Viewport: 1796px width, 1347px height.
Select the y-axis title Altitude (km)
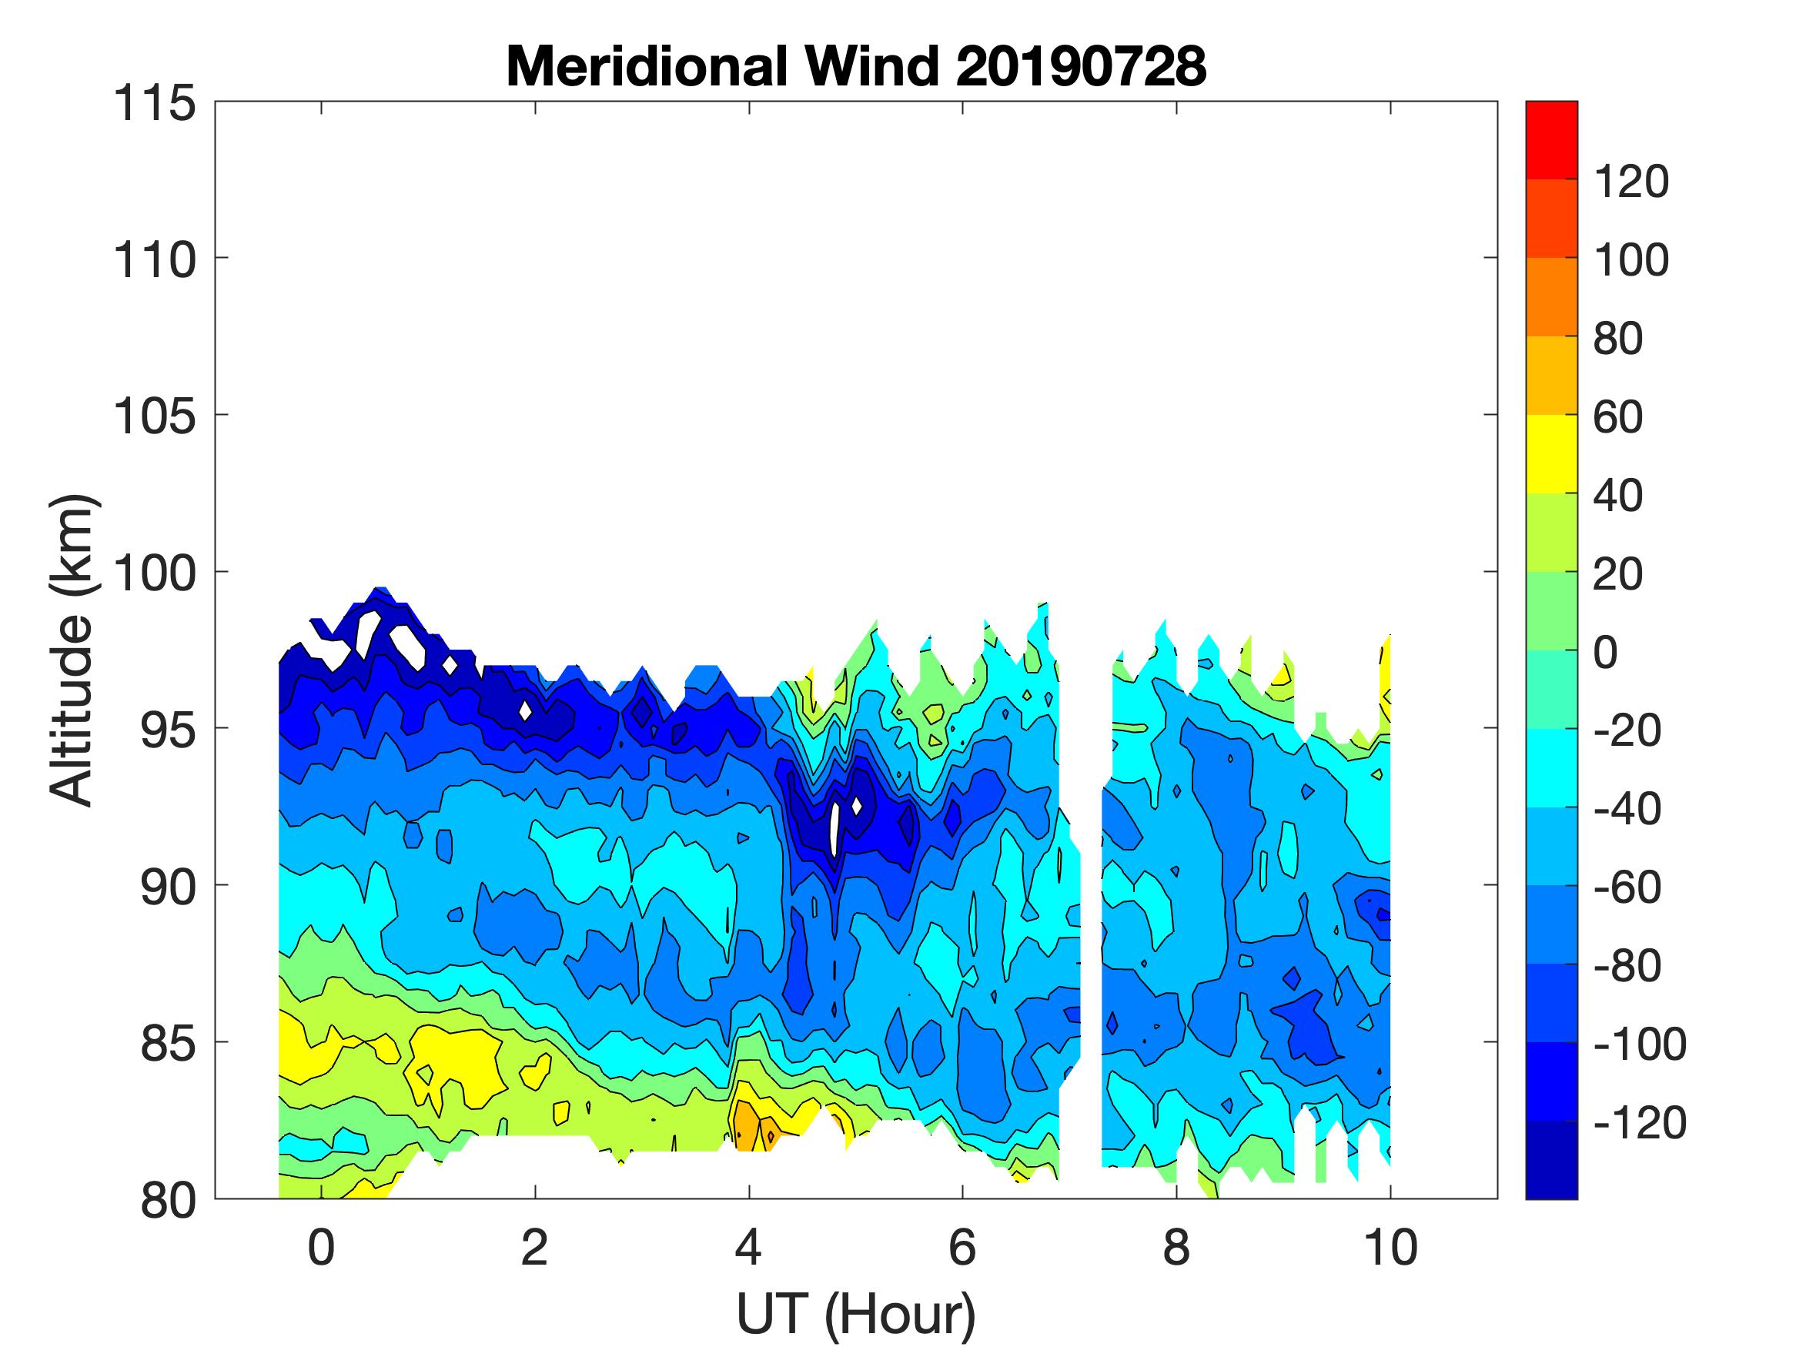(x=73, y=650)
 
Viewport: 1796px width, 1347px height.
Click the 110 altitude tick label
(x=154, y=261)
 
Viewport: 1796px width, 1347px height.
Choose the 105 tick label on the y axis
(x=154, y=417)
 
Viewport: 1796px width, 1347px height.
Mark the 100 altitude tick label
(x=154, y=574)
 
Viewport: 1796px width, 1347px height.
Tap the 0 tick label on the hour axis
(x=322, y=1247)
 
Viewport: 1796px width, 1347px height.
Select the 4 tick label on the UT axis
(x=748, y=1247)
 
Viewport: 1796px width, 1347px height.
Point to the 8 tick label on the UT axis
(x=1176, y=1247)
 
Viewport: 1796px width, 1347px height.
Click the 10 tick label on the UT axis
(x=1391, y=1247)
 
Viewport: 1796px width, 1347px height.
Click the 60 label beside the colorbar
(x=1618, y=416)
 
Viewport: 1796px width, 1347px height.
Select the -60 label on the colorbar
(x=1628, y=887)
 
